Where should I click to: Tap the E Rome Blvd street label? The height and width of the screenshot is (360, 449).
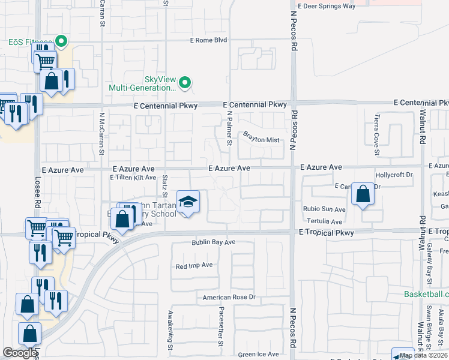[x=208, y=41]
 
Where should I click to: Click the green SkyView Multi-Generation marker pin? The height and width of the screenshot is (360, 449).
[x=185, y=83]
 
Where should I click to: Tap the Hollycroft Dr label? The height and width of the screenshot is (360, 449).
[x=394, y=175]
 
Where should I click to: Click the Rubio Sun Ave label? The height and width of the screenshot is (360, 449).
[x=324, y=209]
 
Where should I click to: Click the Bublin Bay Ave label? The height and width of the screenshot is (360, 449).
[x=213, y=242]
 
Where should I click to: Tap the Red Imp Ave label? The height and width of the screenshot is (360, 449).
[x=194, y=265]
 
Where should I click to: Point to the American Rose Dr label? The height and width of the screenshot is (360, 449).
[x=229, y=297]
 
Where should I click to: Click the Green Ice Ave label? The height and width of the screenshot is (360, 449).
[x=258, y=355]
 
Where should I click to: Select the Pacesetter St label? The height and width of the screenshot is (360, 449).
[x=221, y=326]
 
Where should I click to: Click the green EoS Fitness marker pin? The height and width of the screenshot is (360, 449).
[x=61, y=42]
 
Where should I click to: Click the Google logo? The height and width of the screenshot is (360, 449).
[x=20, y=353]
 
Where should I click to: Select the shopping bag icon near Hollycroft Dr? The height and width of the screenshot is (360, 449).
[x=363, y=194]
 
